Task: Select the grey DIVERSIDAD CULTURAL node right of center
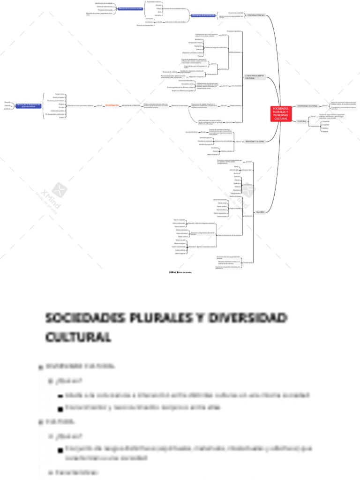(307, 106)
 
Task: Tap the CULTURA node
(302, 121)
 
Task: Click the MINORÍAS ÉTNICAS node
(256, 15)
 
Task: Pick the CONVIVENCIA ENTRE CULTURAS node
(255, 77)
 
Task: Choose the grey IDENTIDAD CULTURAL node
(255, 141)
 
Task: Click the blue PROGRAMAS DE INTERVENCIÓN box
(203, 15)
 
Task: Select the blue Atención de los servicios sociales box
(130, 8)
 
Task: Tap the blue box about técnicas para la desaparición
(29, 105)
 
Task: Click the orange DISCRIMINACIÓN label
(112, 105)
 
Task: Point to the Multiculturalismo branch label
(235, 52)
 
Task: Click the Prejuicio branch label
(238, 122)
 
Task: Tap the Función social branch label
(247, 262)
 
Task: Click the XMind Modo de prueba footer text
(180, 272)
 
